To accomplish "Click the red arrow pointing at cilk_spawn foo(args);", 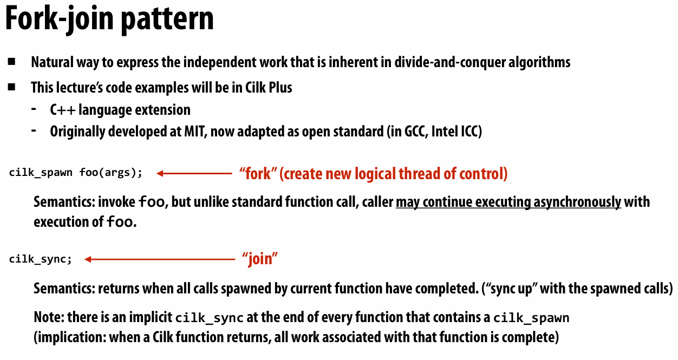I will [x=194, y=173].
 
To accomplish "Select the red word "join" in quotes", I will [x=260, y=259].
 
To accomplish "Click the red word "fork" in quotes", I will [x=259, y=173].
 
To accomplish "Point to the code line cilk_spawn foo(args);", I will [x=76, y=173].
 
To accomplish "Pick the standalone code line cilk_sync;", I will [x=40, y=259].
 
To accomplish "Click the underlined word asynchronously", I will [x=578, y=202].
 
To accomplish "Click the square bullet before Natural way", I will [x=12, y=62].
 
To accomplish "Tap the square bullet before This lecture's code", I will [x=12, y=87].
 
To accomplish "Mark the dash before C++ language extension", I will [x=35, y=109].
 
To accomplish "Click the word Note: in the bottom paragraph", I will [x=49, y=317].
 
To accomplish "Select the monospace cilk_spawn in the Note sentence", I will [x=531, y=318].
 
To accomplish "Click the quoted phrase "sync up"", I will [x=507, y=288].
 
